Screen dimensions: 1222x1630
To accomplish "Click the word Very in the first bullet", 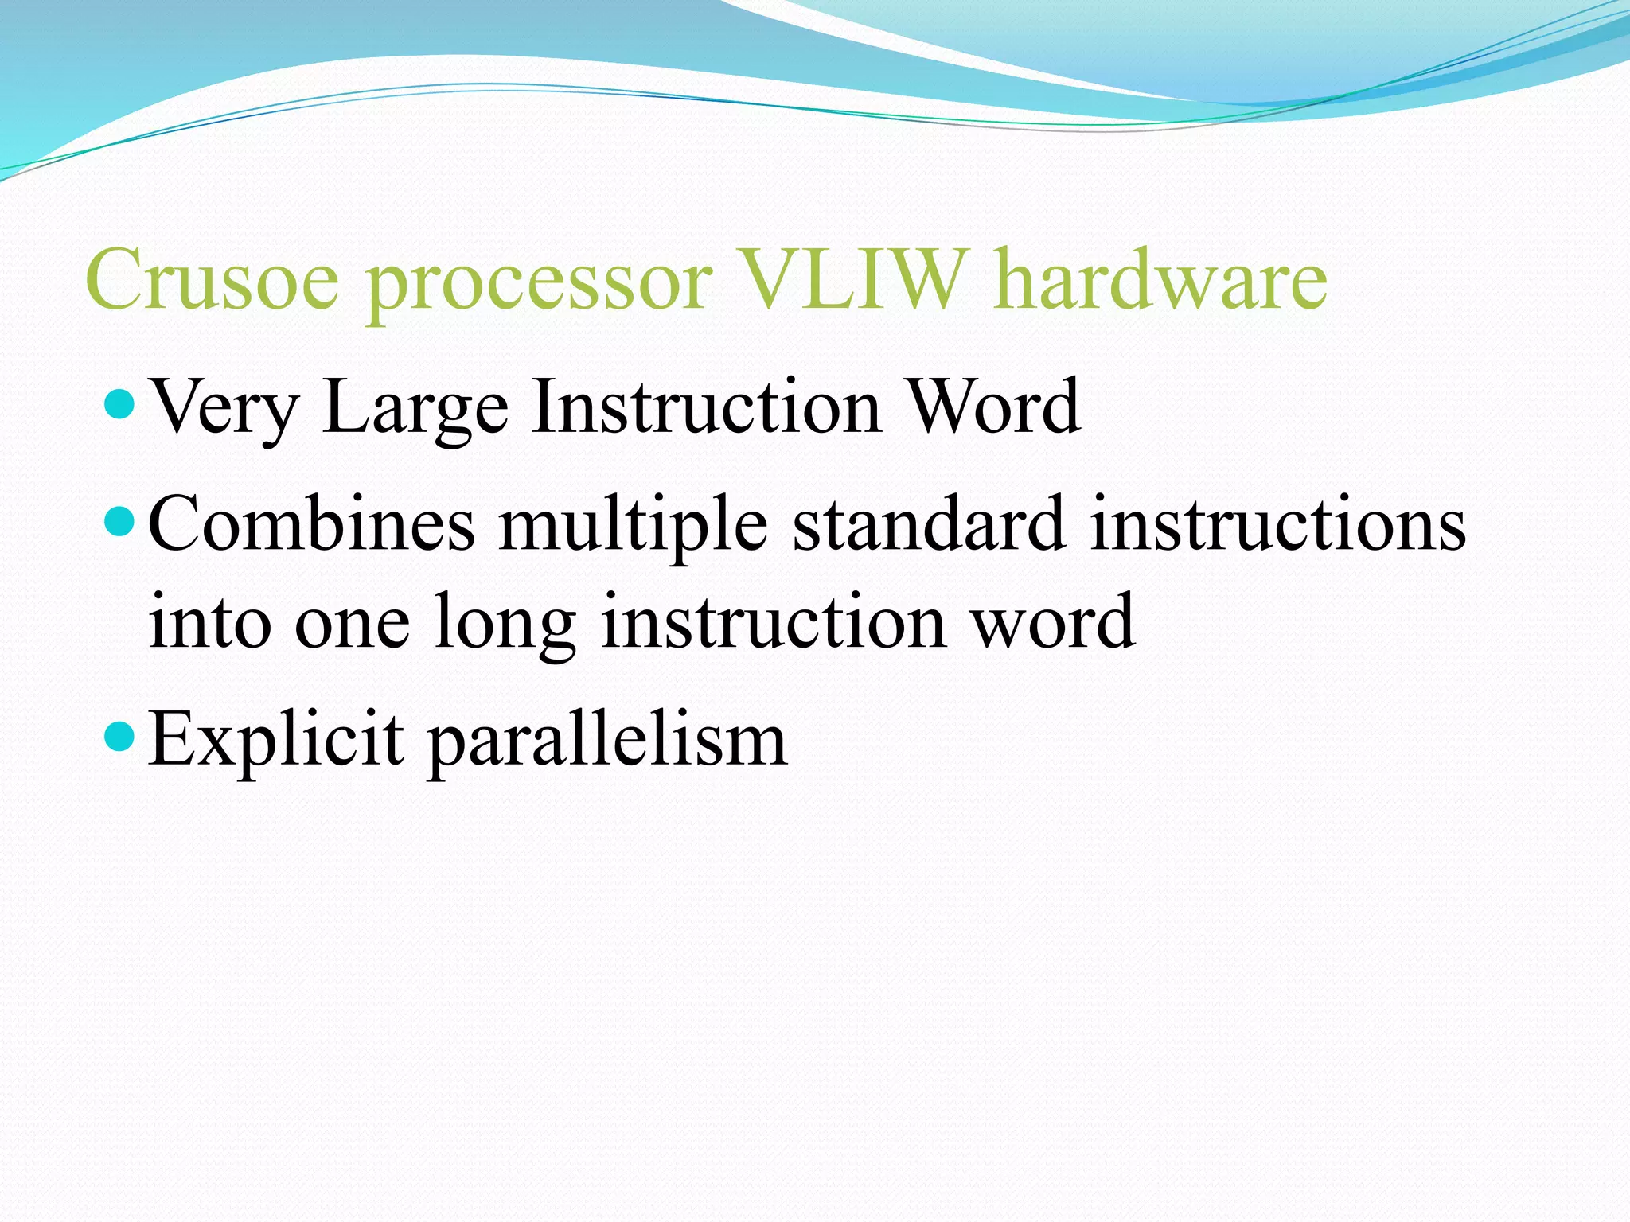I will (224, 407).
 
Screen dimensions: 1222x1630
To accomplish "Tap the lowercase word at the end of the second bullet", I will (1054, 622).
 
